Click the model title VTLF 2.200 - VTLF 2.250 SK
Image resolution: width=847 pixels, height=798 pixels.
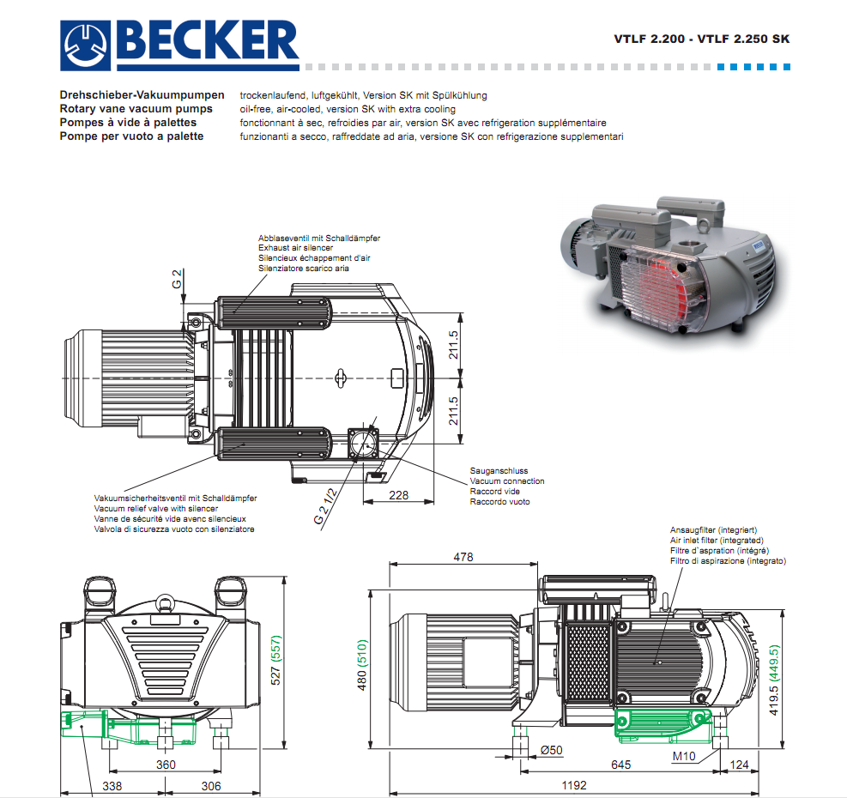[x=701, y=39]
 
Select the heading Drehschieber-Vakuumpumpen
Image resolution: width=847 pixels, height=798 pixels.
[x=142, y=95]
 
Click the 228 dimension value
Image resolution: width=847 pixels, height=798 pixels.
[x=399, y=495]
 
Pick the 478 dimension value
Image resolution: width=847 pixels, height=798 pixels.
[x=463, y=558]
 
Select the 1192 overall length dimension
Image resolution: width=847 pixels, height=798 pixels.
[x=574, y=785]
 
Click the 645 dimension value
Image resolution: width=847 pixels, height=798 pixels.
[x=620, y=764]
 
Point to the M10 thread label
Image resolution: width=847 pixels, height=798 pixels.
[x=684, y=756]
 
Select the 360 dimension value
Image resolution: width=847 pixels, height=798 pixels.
[x=166, y=765]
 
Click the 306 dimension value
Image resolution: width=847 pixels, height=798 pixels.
[x=210, y=785]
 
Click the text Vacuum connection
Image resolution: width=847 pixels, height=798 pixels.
[x=506, y=481]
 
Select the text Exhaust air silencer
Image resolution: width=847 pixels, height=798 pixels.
[x=296, y=248]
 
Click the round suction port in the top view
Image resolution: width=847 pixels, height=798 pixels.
[x=364, y=444]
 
